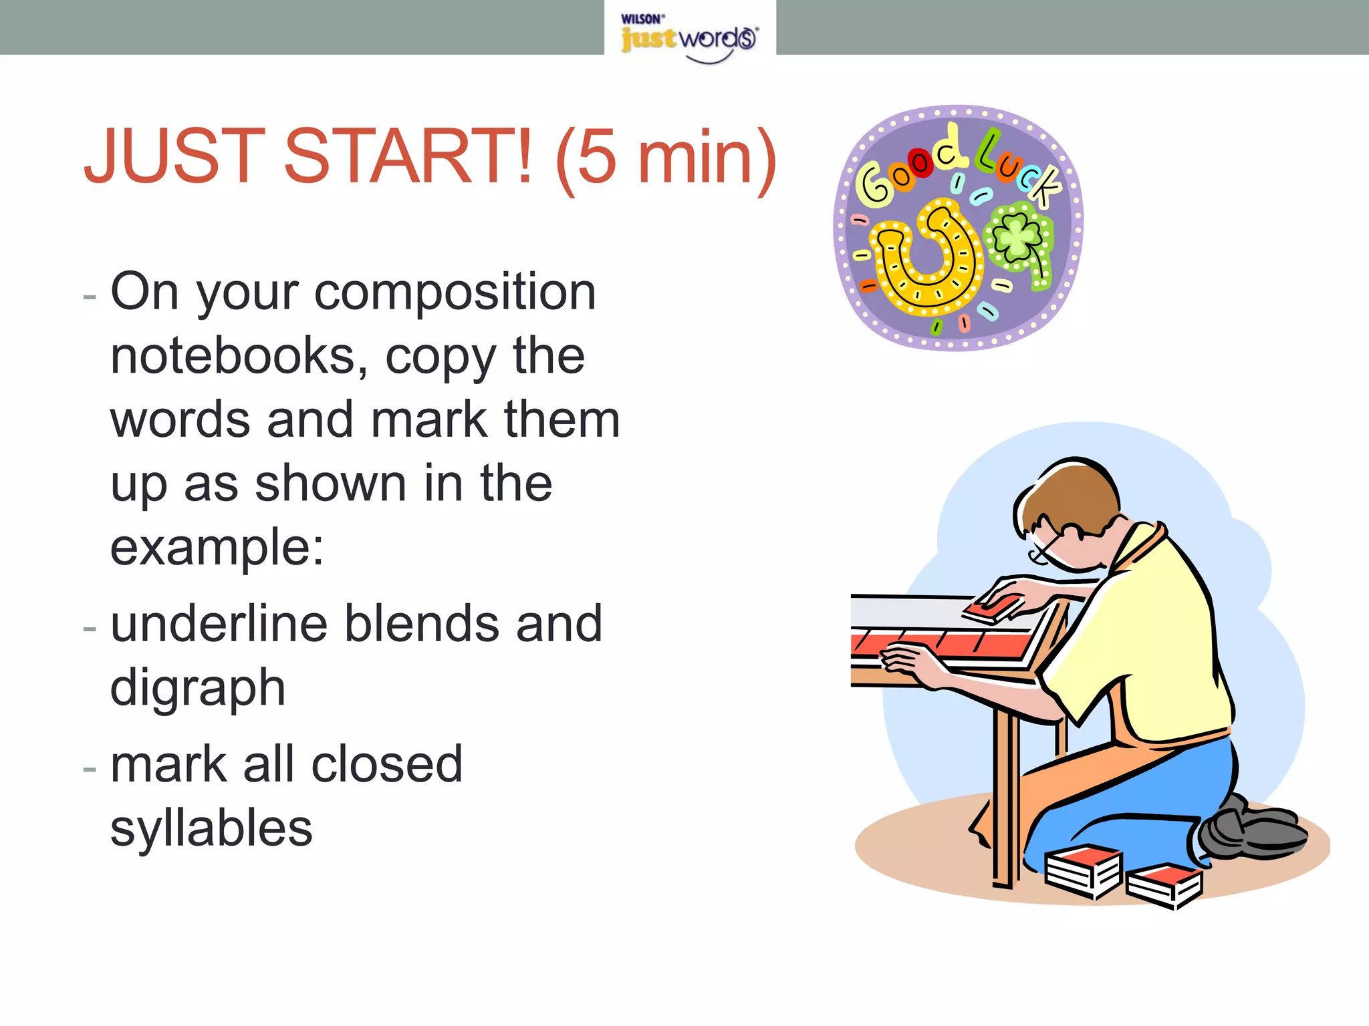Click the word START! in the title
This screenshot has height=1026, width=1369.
408,156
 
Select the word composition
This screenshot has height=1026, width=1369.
455,293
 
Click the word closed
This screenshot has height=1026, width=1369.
386,764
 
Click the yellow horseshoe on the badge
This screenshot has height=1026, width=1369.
926,261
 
